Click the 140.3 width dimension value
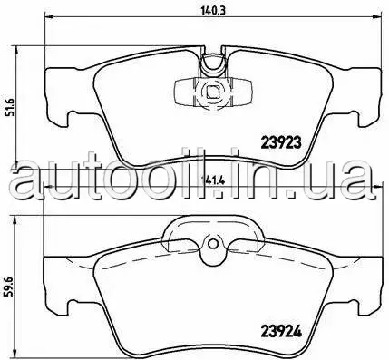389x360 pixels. (x=213, y=10)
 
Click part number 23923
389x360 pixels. (x=281, y=141)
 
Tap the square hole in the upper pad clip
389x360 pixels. (x=212, y=91)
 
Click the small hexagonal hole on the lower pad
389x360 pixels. (x=212, y=243)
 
